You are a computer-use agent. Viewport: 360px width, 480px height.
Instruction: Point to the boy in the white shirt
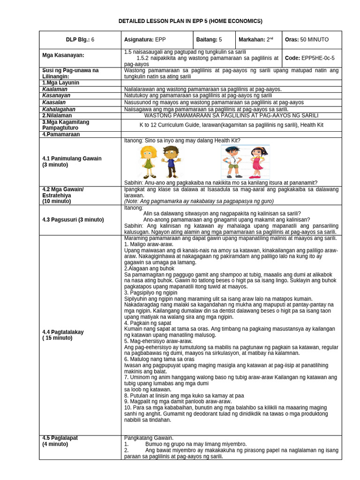tap(232, 162)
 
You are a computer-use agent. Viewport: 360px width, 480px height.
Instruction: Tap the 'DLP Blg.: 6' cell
tap(80, 40)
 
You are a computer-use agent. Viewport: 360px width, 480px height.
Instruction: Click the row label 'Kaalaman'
tap(55, 89)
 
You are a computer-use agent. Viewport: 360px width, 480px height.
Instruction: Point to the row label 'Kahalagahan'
tap(59, 109)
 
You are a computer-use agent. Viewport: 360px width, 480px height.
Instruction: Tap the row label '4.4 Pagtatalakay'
tap(63, 332)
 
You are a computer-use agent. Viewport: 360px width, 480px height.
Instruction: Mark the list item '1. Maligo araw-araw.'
tap(149, 244)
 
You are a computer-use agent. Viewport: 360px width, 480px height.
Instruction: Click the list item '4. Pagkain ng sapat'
tap(148, 323)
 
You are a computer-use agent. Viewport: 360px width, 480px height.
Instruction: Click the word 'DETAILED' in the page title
tap(136, 22)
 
